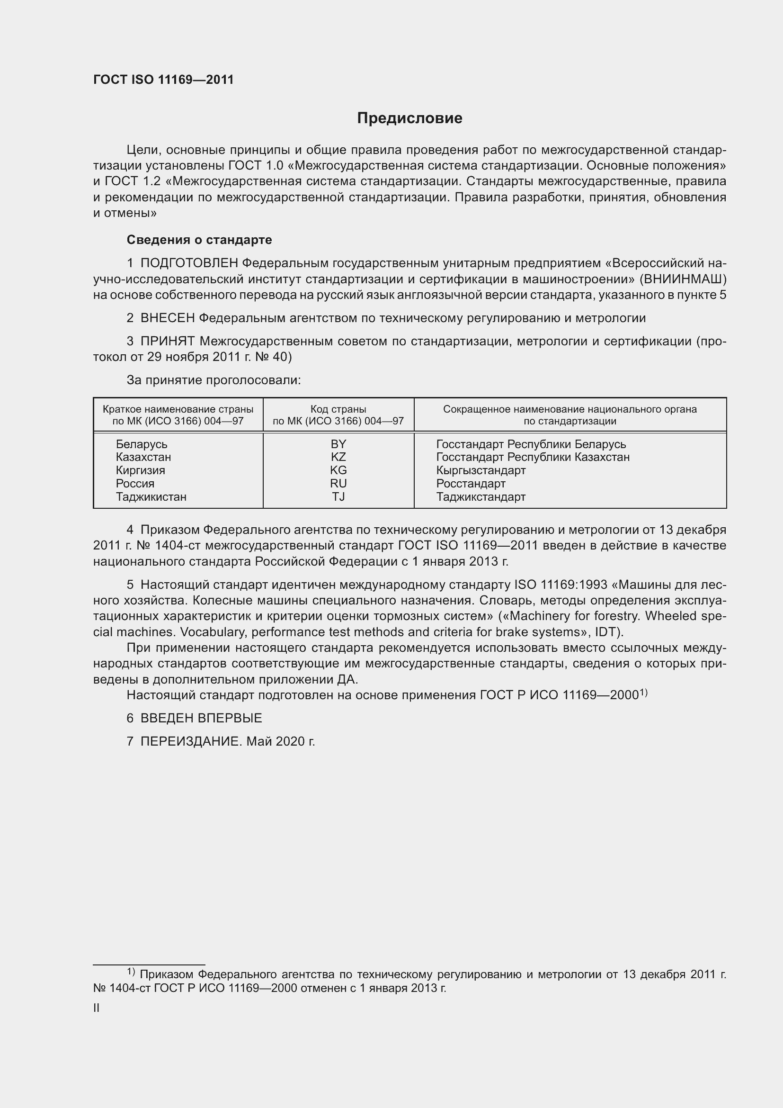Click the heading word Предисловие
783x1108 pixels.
(409, 118)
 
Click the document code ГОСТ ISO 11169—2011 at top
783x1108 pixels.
(163, 80)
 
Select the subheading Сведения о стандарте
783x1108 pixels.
(199, 240)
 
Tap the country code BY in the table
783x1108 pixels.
(338, 444)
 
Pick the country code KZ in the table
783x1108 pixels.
(338, 457)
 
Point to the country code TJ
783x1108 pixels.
(338, 496)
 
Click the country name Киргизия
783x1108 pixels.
(140, 470)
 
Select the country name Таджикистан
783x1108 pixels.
(151, 496)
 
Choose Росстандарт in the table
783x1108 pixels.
(471, 484)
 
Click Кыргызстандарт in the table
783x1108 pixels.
(480, 470)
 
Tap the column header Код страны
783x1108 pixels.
(338, 409)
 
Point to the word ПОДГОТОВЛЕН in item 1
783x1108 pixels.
(189, 263)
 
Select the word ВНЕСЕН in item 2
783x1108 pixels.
(168, 318)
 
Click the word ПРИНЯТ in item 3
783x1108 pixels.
(168, 341)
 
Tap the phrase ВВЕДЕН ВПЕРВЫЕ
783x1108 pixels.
(201, 718)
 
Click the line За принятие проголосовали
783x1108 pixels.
(214, 380)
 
